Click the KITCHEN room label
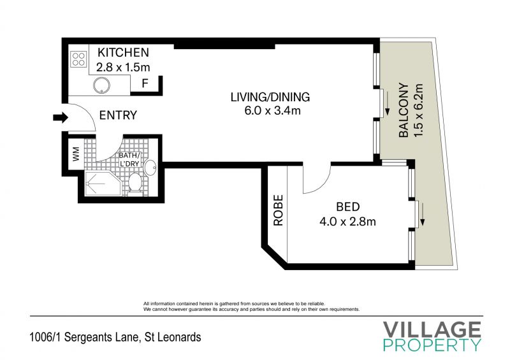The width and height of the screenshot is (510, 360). (123, 52)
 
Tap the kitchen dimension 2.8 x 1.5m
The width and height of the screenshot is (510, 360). (123, 68)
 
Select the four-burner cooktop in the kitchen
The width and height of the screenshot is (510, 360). (78, 59)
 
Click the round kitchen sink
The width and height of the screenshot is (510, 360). (101, 86)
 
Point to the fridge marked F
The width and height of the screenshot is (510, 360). (145, 84)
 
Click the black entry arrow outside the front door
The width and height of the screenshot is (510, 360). (61, 117)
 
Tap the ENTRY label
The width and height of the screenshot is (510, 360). (118, 115)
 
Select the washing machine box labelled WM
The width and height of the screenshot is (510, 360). (76, 154)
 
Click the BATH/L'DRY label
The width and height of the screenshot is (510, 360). (129, 159)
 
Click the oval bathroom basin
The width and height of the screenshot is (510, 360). (150, 168)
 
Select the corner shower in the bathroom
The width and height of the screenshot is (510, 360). (103, 184)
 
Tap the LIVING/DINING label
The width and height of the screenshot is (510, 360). (270, 97)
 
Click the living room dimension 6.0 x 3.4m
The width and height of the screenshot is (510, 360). (273, 111)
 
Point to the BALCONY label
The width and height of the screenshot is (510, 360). (404, 111)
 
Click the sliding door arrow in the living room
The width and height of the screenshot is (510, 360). (388, 103)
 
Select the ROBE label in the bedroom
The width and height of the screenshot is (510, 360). (279, 210)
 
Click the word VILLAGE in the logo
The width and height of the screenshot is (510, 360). (432, 330)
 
